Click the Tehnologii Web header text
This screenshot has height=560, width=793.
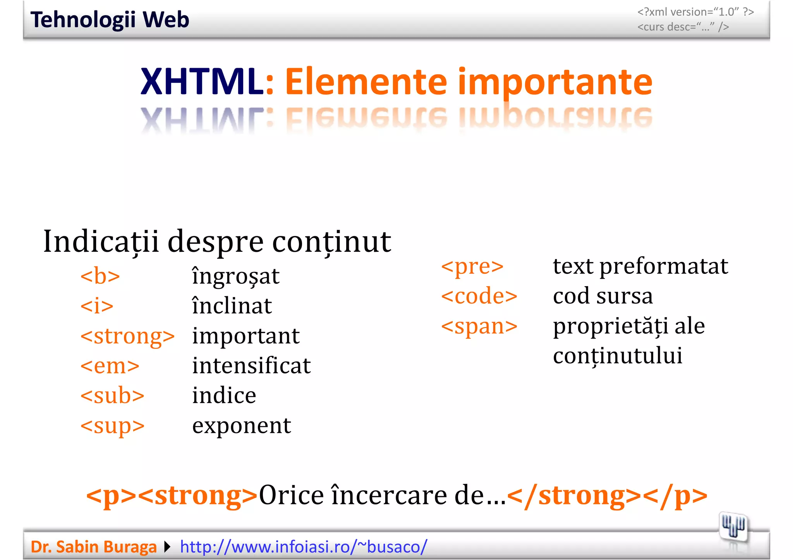click(110, 20)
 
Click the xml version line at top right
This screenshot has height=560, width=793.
click(695, 12)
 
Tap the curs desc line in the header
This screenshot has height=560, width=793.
click(683, 27)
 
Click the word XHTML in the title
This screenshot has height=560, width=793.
click(201, 82)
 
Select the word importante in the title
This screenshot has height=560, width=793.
click(555, 82)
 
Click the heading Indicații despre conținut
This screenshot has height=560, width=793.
click(217, 242)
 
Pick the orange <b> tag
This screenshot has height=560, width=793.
click(100, 276)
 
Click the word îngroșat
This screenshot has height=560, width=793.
click(235, 276)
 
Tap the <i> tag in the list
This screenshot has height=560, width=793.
click(97, 306)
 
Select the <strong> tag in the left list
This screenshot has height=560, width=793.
click(127, 336)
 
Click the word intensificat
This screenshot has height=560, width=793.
click(251, 365)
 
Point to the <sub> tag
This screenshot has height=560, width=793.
click(112, 396)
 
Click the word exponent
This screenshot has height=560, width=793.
click(241, 425)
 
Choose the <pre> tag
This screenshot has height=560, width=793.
click(472, 266)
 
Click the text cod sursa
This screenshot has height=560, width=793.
click(602, 296)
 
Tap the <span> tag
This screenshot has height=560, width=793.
click(479, 326)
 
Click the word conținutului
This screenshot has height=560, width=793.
click(617, 356)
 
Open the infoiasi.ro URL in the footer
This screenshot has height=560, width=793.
click(304, 547)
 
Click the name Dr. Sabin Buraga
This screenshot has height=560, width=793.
click(93, 547)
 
